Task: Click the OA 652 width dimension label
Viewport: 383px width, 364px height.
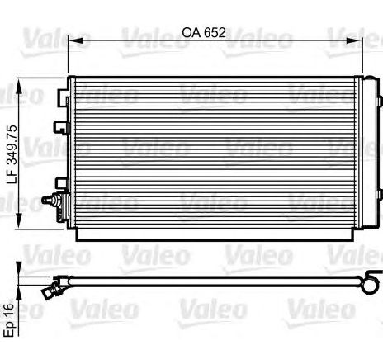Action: pyautogui.click(x=204, y=32)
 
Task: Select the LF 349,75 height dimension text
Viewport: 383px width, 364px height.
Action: pyautogui.click(x=12, y=154)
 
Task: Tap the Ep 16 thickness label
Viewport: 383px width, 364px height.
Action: pyautogui.click(x=9, y=320)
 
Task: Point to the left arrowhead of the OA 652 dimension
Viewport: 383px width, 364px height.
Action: pyautogui.click(x=75, y=40)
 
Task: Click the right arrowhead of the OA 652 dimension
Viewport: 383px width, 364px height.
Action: pyautogui.click(x=355, y=40)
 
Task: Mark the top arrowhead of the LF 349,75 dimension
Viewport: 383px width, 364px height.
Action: pyautogui.click(x=18, y=86)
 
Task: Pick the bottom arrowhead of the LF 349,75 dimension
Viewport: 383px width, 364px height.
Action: pyautogui.click(x=18, y=220)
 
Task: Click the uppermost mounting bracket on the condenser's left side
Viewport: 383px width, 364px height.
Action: pyautogui.click(x=63, y=98)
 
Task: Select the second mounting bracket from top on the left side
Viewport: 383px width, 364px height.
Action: pyautogui.click(x=61, y=128)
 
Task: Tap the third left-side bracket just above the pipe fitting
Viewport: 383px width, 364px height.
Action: pyautogui.click(x=62, y=183)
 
